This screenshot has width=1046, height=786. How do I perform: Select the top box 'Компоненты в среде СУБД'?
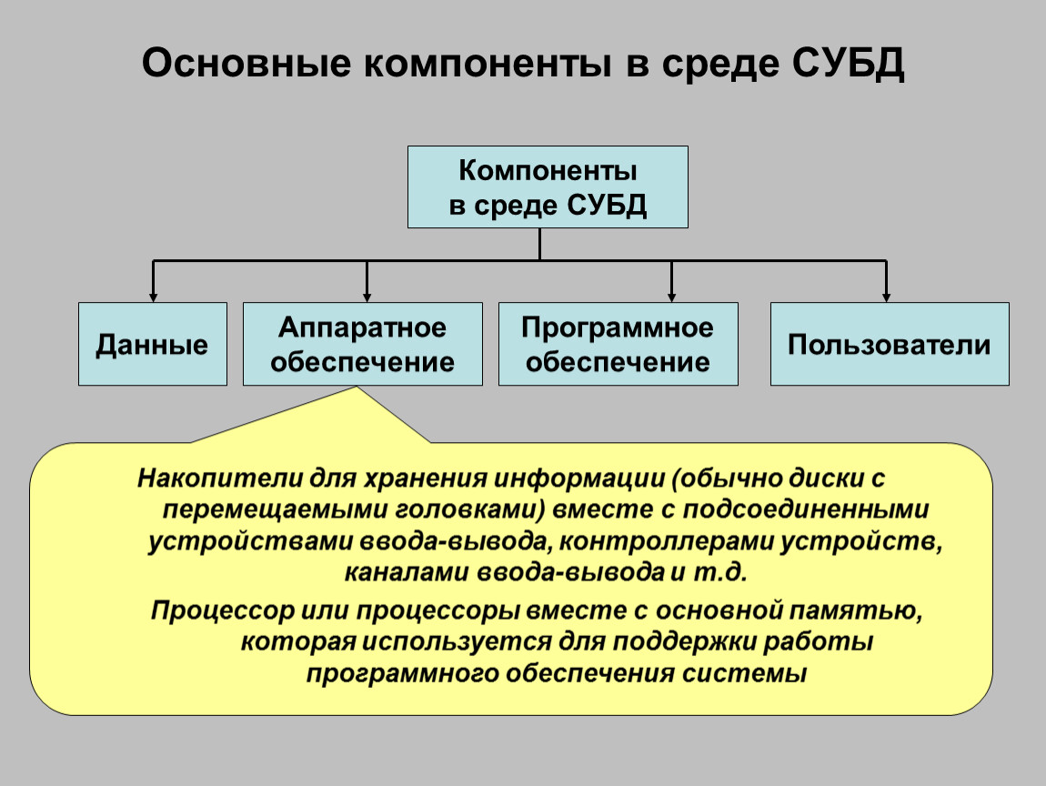point(547,186)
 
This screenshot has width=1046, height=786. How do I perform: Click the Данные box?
point(152,345)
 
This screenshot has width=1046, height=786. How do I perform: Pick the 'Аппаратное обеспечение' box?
point(362,345)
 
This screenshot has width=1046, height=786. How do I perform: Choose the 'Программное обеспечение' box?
point(618,345)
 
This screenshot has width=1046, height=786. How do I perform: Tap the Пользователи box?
point(889,345)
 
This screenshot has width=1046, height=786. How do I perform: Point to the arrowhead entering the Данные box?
point(153,296)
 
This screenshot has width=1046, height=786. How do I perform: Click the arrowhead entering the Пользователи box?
point(886,296)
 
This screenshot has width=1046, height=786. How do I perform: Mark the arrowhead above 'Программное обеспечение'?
point(671,296)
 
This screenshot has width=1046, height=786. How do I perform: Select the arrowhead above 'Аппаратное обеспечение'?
point(367,296)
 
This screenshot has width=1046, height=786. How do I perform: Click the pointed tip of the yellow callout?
point(356,389)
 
